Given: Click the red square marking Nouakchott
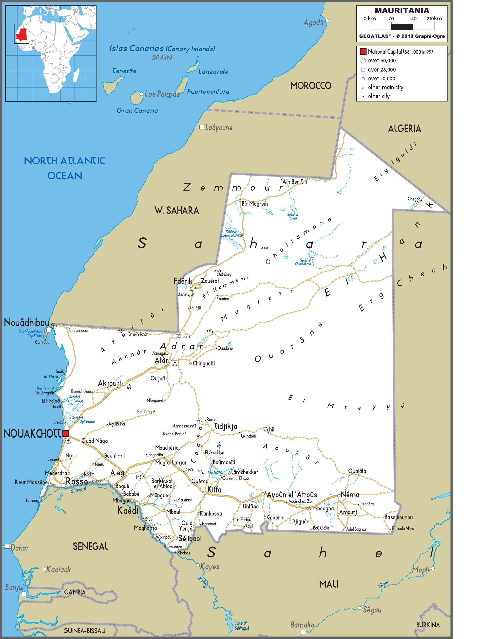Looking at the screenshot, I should pos(66,433).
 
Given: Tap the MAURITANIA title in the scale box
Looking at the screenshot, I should pos(402,11).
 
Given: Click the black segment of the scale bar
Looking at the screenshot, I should pos(402,27).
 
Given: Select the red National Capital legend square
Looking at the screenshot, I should pos(363,52).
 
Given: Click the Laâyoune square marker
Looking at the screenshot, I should pos(202,127).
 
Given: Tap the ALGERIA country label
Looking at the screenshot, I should pos(404,128).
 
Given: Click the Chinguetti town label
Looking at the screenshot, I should pos(204,363).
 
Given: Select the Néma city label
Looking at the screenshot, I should pos(350,495).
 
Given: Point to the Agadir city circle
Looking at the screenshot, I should pos(327,20).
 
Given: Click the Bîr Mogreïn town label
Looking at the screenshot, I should pos(254,204).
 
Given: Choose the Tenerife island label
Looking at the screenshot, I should pos(124,71).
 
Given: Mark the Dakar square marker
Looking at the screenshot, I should pos(7,546).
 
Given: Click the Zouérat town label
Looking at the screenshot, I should pos(210,281).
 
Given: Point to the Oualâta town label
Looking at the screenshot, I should pos(357,471).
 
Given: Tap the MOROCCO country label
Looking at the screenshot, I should pos(311,86).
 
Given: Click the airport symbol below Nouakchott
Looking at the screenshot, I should pos(68,441).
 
